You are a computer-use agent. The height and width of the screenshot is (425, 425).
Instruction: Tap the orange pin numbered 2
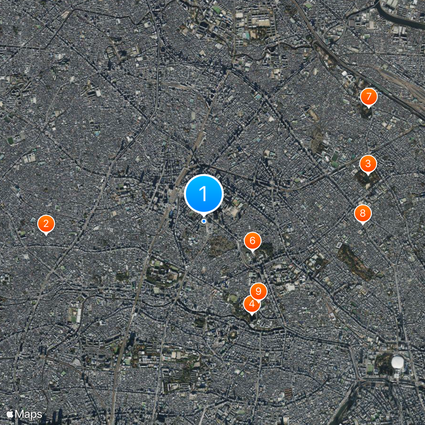coord(46,223)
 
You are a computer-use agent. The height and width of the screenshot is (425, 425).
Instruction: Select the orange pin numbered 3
coord(368,164)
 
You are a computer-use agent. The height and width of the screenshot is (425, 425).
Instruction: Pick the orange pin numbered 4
coord(251,304)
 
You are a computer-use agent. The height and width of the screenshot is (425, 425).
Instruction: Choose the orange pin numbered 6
coord(252,241)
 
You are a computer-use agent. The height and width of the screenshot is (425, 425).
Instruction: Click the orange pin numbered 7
coord(368,97)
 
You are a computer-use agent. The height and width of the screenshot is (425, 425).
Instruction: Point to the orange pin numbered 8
coord(363,214)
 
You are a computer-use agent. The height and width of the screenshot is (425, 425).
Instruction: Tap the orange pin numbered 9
coord(258,291)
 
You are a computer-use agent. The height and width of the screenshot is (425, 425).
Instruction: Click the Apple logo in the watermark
coord(10,413)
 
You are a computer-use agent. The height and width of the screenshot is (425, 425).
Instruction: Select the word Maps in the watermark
coord(29,413)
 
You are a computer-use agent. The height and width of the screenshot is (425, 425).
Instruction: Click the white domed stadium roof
coord(397,363)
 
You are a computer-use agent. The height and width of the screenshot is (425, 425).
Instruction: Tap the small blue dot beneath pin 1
coord(203,221)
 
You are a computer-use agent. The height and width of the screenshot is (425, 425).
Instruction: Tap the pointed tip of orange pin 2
coord(46,234)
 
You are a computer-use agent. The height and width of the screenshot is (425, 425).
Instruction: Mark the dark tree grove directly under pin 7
coord(367,112)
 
